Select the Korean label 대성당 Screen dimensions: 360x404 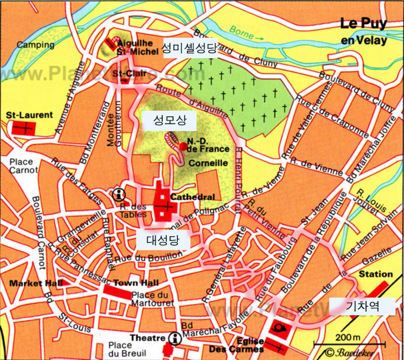(163, 240)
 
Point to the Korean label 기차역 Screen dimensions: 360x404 (362, 306)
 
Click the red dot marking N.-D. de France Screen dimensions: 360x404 (184, 146)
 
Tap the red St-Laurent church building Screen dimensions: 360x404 (23, 128)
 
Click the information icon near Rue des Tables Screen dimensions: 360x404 (119, 194)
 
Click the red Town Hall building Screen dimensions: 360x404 (117, 292)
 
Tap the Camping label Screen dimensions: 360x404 (30, 45)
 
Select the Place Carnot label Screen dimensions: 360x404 (23, 166)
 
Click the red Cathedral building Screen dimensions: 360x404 (164, 205)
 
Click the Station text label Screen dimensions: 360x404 (376, 274)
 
